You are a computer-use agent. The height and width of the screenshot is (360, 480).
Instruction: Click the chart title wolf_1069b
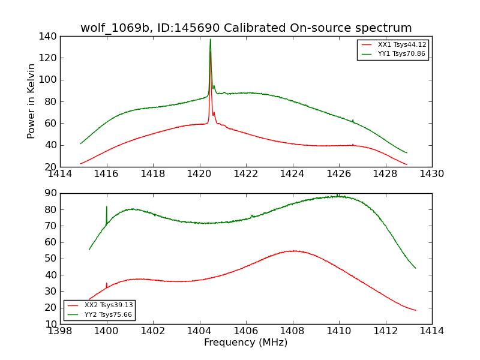click(x=246, y=28)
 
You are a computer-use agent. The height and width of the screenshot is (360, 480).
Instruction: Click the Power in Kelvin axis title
click(x=31, y=101)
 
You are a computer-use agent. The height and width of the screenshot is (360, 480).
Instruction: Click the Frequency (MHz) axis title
click(x=246, y=343)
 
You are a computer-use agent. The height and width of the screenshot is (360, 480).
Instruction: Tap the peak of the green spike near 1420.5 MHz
click(x=210, y=40)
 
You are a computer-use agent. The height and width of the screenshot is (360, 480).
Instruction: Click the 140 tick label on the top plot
click(x=49, y=36)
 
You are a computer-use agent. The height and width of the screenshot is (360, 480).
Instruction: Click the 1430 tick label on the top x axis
click(x=431, y=174)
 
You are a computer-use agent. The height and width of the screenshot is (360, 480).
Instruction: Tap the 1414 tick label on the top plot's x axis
click(x=61, y=174)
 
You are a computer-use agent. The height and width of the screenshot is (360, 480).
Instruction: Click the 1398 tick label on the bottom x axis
click(x=61, y=331)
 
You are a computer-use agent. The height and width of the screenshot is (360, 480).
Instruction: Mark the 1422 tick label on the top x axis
click(x=246, y=174)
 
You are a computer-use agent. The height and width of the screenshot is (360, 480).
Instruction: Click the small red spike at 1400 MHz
click(x=107, y=284)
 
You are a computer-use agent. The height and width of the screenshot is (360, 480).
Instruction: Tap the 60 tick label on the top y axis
click(x=52, y=123)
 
